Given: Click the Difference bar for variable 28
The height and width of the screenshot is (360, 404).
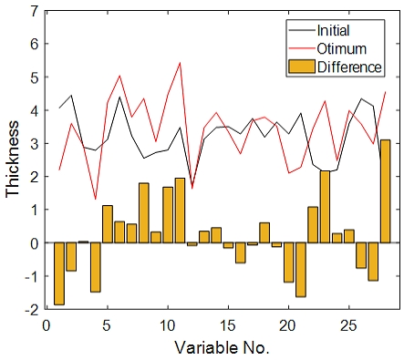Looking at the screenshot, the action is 385,191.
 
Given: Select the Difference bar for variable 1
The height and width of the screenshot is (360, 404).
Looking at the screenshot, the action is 59,273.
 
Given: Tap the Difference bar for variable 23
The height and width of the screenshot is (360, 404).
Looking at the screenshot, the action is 325,207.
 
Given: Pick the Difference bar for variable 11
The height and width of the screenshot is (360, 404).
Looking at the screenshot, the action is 180,211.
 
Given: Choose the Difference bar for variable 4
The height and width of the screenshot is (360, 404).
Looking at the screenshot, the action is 95,267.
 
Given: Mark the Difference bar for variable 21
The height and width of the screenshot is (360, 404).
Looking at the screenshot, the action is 301,270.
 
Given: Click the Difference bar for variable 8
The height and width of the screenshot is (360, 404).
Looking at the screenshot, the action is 144,213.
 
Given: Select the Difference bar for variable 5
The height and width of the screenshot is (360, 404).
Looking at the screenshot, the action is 108,224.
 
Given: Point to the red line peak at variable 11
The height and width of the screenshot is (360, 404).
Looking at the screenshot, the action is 180,63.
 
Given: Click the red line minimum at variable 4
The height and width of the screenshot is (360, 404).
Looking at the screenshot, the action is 96,199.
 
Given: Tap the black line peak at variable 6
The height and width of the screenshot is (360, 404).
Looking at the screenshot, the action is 119,97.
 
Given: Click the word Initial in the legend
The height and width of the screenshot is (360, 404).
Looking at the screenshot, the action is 333,30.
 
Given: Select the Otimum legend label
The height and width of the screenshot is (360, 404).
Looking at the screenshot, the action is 341,48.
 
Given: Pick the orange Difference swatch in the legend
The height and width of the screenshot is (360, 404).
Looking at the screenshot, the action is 302,67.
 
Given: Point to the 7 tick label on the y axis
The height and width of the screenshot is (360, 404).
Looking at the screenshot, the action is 35,11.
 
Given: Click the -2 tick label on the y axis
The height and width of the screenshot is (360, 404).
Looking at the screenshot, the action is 32,309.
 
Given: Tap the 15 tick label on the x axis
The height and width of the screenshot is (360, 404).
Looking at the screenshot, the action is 228,325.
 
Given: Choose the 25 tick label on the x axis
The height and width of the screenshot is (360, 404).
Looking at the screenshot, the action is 348,325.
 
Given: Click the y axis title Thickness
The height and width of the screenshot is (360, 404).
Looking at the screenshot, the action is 13,159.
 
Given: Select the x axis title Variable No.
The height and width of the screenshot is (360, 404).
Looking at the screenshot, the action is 222,347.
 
